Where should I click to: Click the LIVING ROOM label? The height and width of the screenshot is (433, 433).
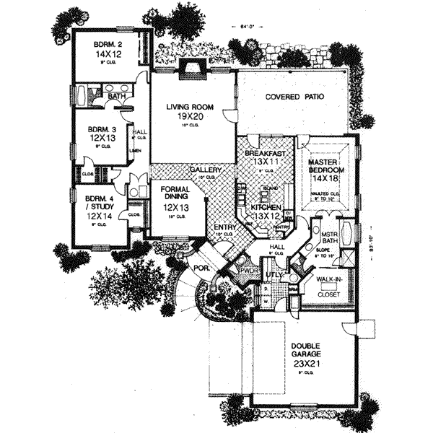[187, 106]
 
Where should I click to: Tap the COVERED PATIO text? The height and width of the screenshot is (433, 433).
[294, 96]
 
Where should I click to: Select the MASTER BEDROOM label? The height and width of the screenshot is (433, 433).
[328, 165]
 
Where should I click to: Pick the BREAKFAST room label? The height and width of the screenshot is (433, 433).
[261, 154]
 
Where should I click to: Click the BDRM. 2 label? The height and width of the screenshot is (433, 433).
[109, 45]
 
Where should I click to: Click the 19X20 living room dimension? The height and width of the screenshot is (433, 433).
[187, 116]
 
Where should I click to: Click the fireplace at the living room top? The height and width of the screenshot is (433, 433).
[192, 71]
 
